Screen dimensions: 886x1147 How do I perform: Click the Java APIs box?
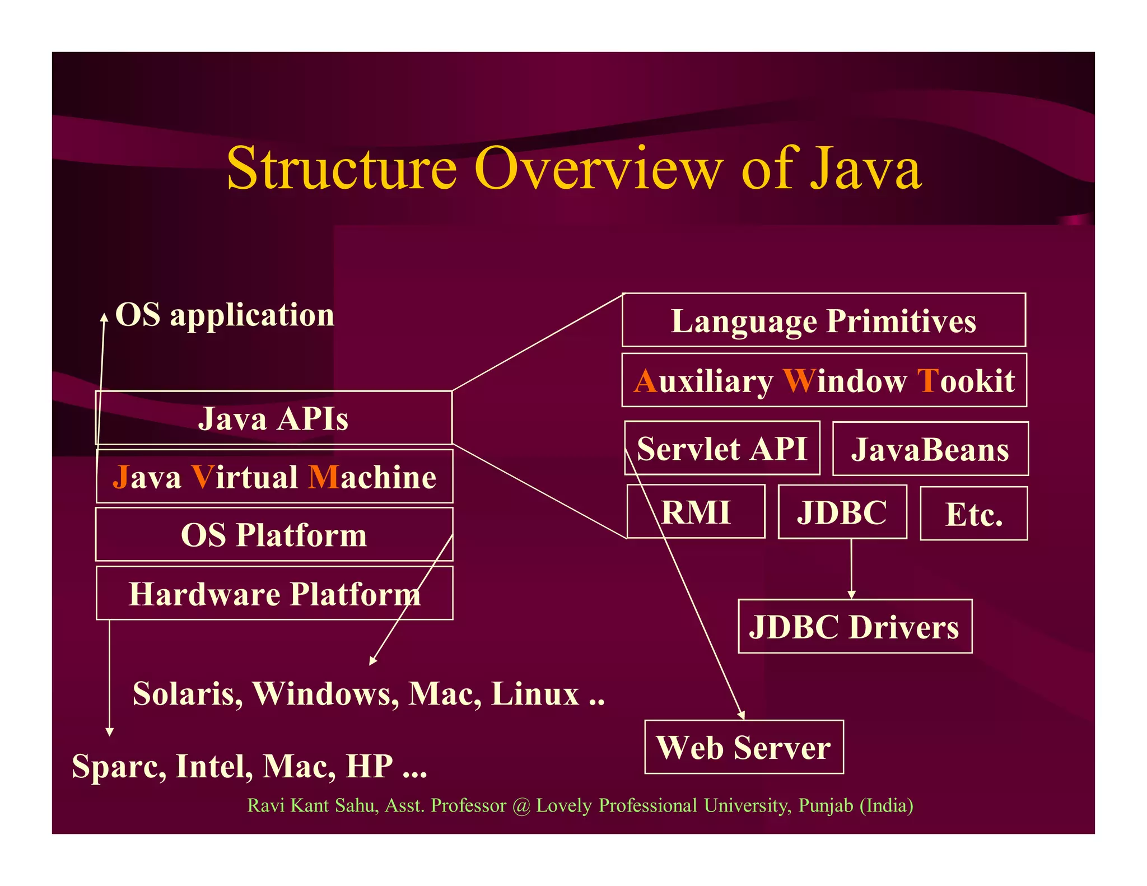click(x=273, y=418)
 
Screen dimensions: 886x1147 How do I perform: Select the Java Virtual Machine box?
click(x=274, y=477)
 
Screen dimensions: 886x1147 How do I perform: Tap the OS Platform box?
click(x=274, y=535)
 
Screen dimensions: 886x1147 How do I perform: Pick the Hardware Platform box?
click(x=274, y=594)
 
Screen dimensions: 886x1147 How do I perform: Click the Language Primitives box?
click(x=823, y=320)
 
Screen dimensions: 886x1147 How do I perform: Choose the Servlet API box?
click(x=722, y=449)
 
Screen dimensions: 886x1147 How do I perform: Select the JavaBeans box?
click(x=930, y=449)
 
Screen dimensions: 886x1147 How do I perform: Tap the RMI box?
click(x=696, y=512)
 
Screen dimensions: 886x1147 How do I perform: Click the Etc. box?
click(x=973, y=514)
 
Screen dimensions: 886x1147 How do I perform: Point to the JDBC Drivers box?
click(x=855, y=627)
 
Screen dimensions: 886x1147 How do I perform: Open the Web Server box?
click(x=744, y=747)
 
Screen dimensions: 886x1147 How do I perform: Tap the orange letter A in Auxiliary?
click(x=645, y=381)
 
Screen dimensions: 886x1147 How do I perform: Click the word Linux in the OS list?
click(x=535, y=694)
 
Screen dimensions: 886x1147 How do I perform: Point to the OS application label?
click(x=224, y=315)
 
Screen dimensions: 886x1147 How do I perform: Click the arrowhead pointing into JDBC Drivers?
click(x=851, y=594)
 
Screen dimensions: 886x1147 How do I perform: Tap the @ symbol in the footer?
click(x=521, y=806)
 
